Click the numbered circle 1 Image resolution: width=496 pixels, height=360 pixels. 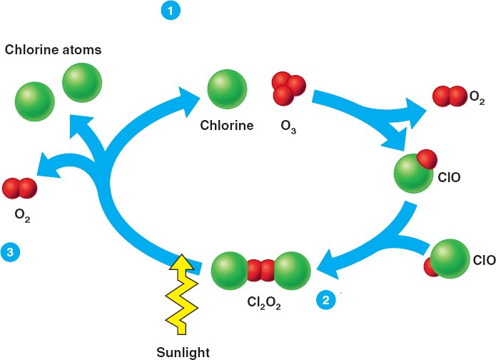pos(171,11)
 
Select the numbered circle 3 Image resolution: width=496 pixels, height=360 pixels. pos(10,251)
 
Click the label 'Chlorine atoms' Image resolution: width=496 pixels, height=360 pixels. pos(53,50)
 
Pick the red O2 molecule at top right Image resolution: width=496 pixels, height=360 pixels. pos(449,96)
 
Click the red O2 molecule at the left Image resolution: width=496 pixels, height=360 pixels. pos(19,189)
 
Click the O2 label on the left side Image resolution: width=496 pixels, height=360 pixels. pos(21,214)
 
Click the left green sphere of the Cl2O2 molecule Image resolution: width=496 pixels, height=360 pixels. pos(230,271)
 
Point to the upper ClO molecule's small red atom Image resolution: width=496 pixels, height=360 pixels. pos(426,158)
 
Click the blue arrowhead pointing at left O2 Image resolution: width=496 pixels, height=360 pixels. pos(46,169)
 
